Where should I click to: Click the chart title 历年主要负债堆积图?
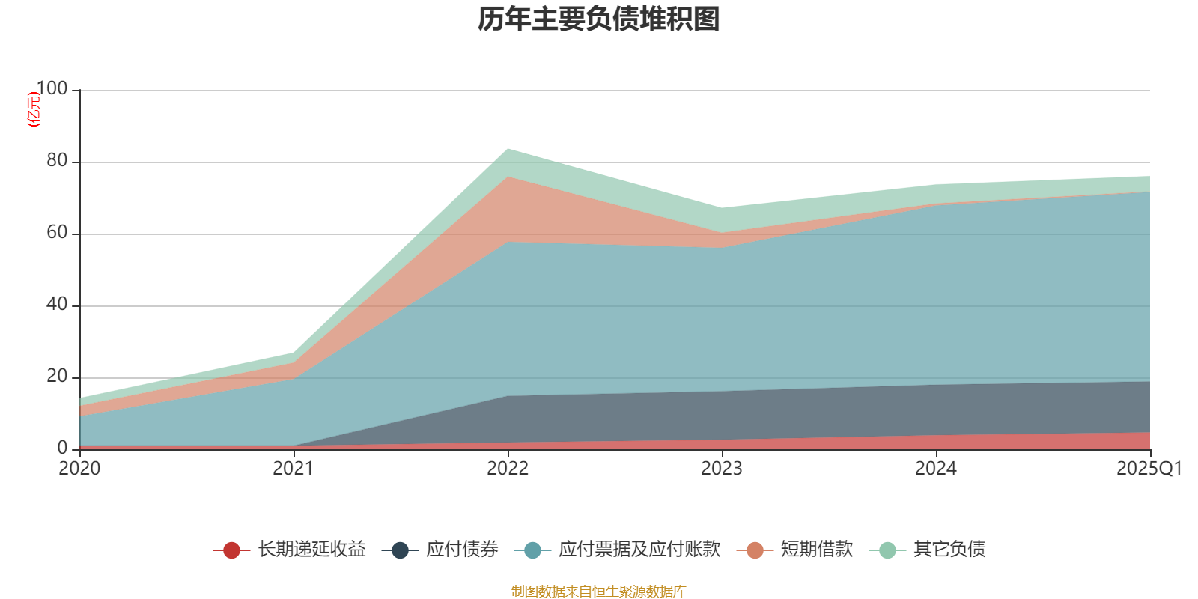pyautogui.click(x=599, y=19)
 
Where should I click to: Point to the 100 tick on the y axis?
pyautogui.click(x=52, y=89)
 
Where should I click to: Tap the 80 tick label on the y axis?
pyautogui.click(x=57, y=161)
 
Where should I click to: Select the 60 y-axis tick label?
pyautogui.click(x=57, y=233)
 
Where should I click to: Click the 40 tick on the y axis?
pyautogui.click(x=57, y=305)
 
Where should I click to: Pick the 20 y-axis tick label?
pyautogui.click(x=57, y=377)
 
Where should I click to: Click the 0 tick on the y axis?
pyautogui.click(x=62, y=448)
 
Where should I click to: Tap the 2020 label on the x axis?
pyautogui.click(x=79, y=469)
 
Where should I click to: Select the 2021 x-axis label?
pyautogui.click(x=294, y=469)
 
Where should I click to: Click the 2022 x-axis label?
pyautogui.click(x=508, y=469)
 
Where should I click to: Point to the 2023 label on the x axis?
pyautogui.click(x=722, y=469)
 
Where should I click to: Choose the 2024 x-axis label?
pyautogui.click(x=936, y=469)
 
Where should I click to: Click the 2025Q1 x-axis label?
pyautogui.click(x=1149, y=469)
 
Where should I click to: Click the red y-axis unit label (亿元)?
pyautogui.click(x=34, y=109)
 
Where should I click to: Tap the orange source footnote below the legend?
pyautogui.click(x=599, y=592)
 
